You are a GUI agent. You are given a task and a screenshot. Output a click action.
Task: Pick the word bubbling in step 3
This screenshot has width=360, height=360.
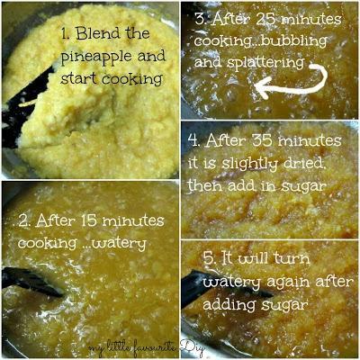point(293,41)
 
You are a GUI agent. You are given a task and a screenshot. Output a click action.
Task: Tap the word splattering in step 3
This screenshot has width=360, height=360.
point(265,64)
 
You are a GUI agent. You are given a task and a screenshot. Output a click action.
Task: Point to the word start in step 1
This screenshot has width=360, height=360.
point(78,78)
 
